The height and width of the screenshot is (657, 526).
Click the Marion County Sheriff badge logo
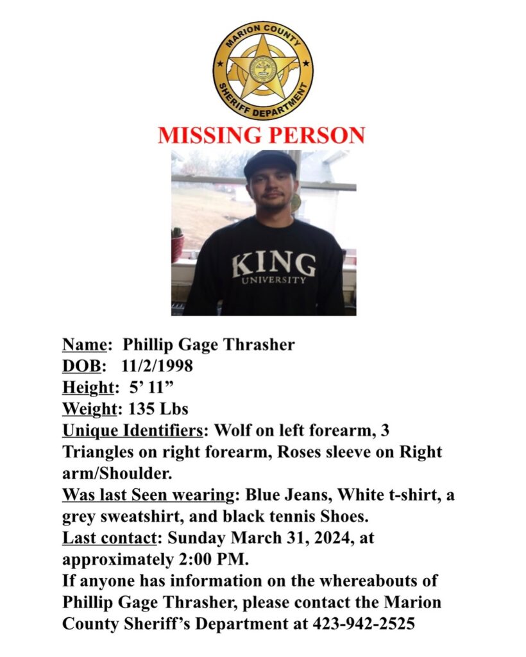click(263, 71)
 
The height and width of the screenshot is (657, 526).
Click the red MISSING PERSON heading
click(262, 135)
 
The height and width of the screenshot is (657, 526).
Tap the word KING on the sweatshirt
click(274, 264)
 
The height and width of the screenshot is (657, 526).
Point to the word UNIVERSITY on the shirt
click(274, 280)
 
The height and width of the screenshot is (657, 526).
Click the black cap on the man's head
click(270, 164)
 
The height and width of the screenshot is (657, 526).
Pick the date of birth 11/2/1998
click(155, 366)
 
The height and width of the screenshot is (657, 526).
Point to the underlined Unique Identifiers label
click(134, 430)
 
